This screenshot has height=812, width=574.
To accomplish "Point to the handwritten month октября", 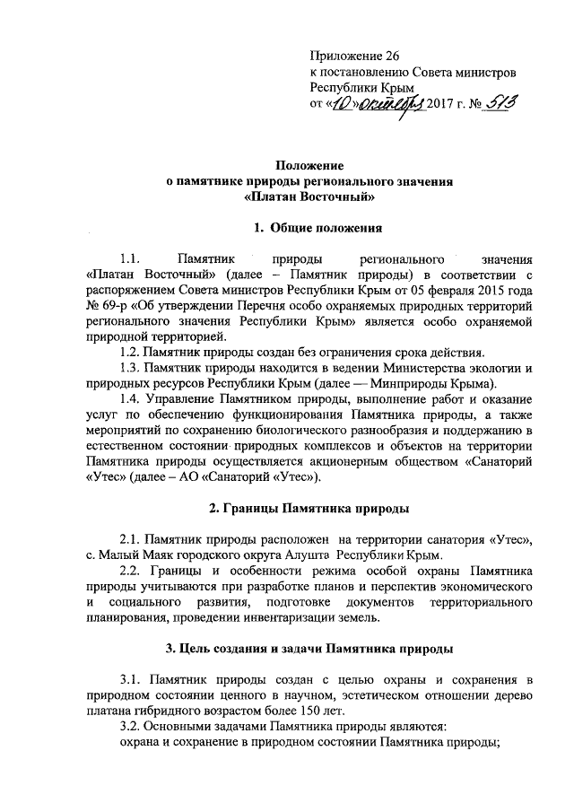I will click(x=380, y=105).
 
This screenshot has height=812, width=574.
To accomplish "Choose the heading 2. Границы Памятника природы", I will click(x=308, y=509).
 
